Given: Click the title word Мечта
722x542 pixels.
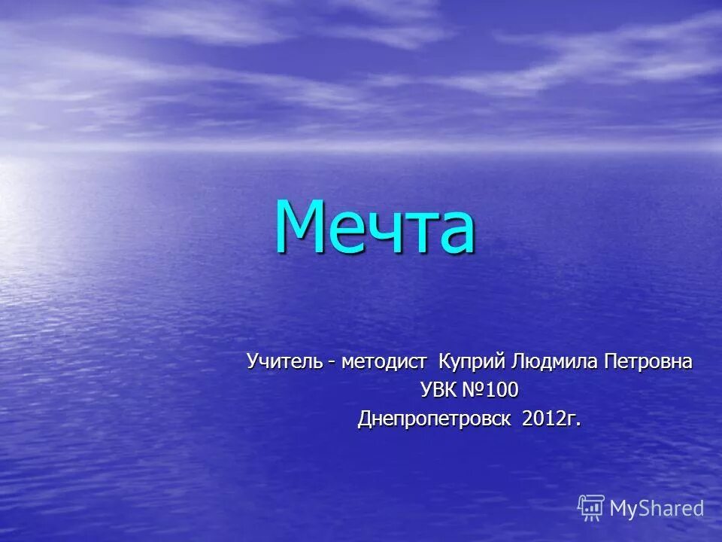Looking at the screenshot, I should (x=375, y=227).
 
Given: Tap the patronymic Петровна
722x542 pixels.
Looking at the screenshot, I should (x=648, y=362).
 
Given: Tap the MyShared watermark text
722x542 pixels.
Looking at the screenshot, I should (x=657, y=509).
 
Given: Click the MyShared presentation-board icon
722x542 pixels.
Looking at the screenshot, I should (x=591, y=508).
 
